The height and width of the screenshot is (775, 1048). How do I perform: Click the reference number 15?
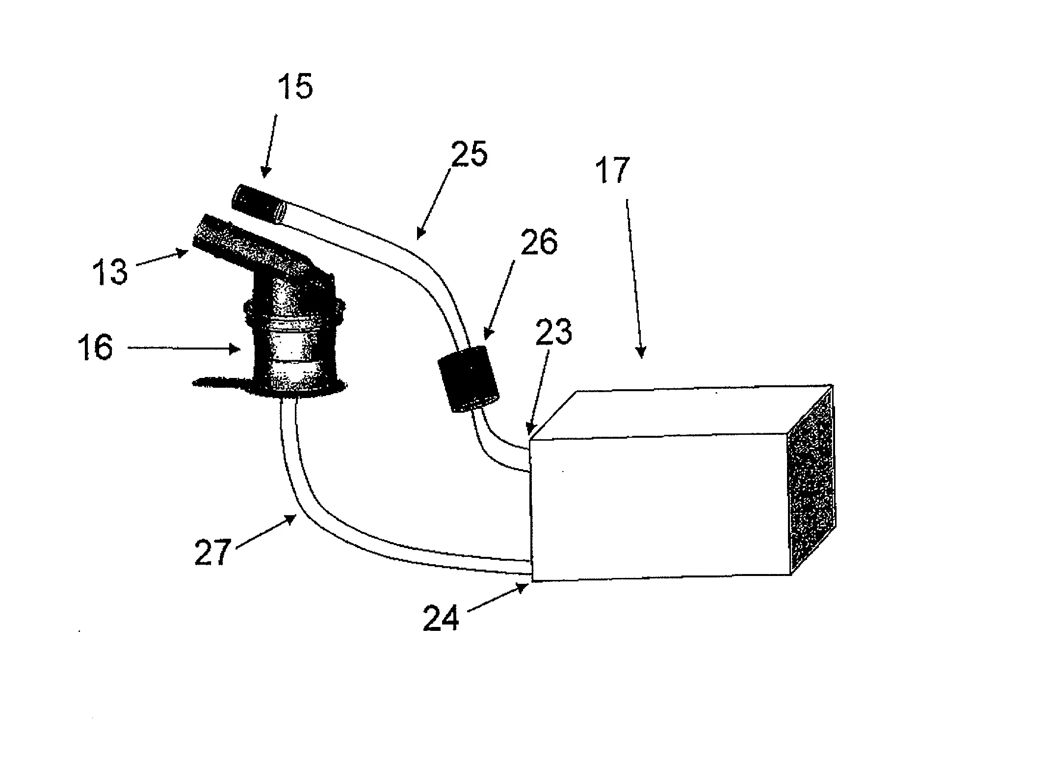pyautogui.click(x=295, y=87)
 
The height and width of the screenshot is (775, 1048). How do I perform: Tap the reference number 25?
pyautogui.click(x=469, y=153)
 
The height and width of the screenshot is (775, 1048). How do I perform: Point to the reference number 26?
pyautogui.click(x=538, y=242)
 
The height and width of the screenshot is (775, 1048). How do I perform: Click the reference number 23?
pyautogui.click(x=554, y=332)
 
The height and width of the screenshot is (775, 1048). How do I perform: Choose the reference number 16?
pyautogui.click(x=95, y=348)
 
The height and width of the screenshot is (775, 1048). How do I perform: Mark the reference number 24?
pyautogui.click(x=441, y=619)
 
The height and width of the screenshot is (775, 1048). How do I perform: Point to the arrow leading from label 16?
pyautogui.click(x=184, y=349)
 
